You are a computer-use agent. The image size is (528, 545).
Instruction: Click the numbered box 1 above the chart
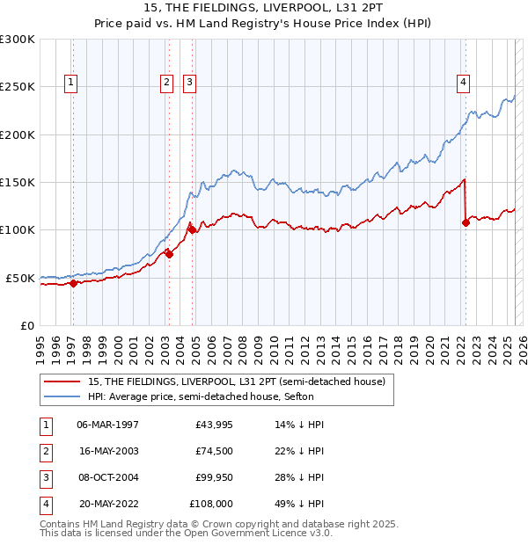[x=70, y=83]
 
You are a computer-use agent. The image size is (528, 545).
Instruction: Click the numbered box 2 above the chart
[x=166, y=83]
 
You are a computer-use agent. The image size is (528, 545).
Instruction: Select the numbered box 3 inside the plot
[x=189, y=83]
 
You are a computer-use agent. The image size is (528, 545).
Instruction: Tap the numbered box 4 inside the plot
[x=463, y=83]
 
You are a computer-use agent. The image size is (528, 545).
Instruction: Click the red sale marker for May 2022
[x=466, y=222]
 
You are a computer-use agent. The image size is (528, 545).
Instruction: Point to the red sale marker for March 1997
[x=74, y=283]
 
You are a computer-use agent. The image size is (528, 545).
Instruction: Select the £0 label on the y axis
[x=26, y=325]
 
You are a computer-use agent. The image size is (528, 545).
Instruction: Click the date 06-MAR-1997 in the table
[x=107, y=424]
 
